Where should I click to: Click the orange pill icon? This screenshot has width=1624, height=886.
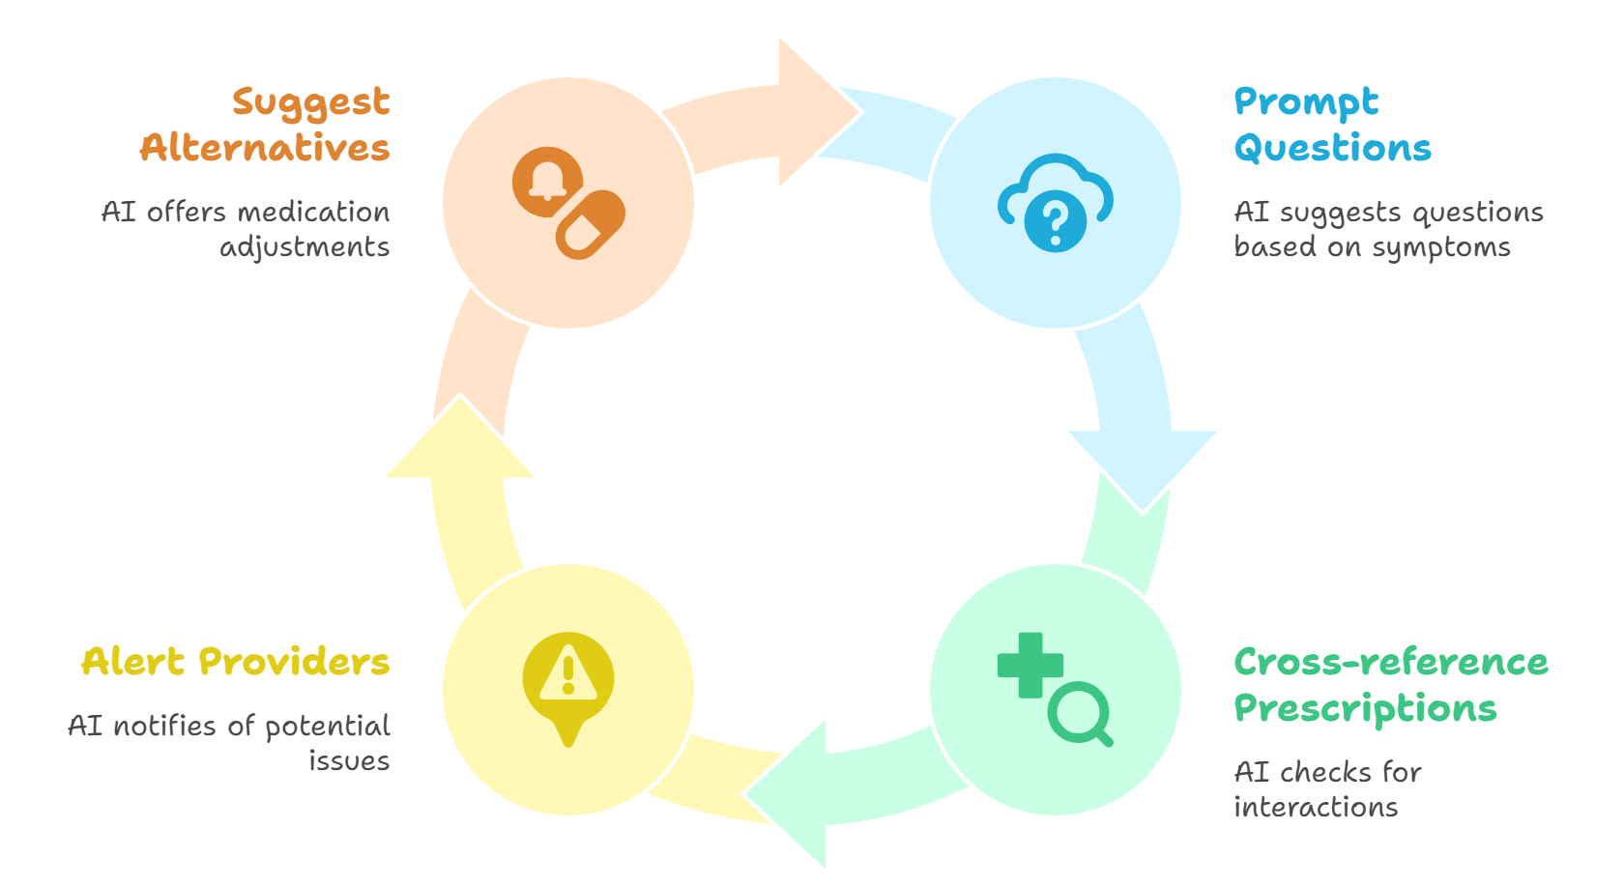pyautogui.click(x=590, y=225)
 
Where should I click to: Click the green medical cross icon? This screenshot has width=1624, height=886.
pyautogui.click(x=1030, y=665)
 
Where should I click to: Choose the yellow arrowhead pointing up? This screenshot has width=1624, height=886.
pyautogui.click(x=460, y=441)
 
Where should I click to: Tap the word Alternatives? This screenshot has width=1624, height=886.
pyautogui.click(x=265, y=148)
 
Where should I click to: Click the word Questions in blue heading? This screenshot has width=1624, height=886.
pyautogui.click(x=1332, y=148)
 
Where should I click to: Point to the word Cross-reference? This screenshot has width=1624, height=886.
pyautogui.click(x=1391, y=662)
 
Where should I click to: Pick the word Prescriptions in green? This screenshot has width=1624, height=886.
pyautogui.click(x=1365, y=708)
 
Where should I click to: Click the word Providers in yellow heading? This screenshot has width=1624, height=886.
pyautogui.click(x=294, y=662)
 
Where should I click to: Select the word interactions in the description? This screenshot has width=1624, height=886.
pyautogui.click(x=1316, y=807)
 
